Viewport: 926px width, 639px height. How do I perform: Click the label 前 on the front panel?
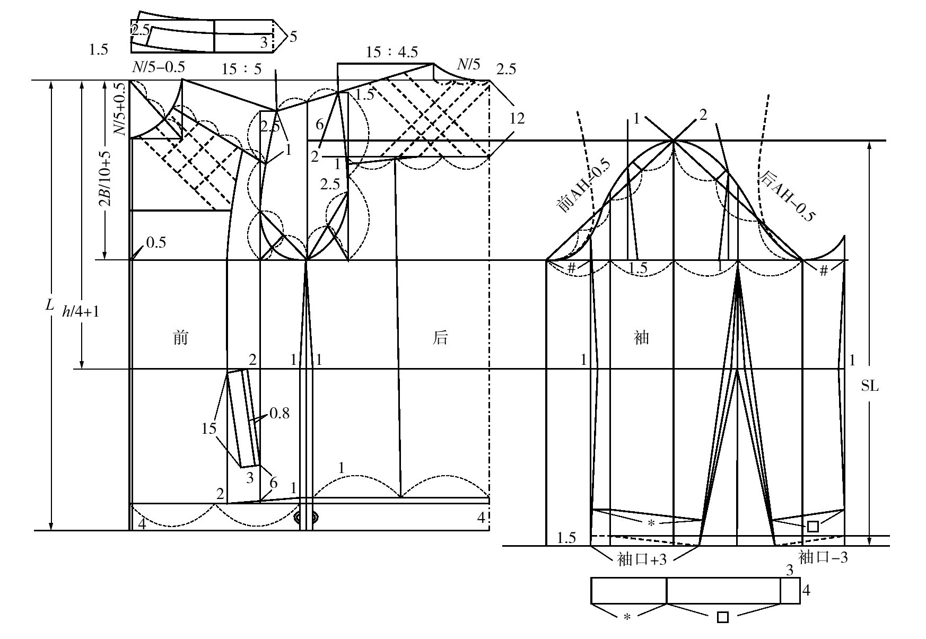pyautogui.click(x=181, y=337)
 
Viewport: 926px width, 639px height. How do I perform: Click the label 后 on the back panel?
pyautogui.click(x=440, y=337)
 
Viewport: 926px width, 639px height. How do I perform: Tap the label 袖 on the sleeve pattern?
pyautogui.click(x=642, y=337)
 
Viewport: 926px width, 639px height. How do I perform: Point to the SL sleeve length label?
pyautogui.click(x=870, y=386)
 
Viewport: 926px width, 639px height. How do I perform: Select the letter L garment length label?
pyautogui.click(x=50, y=305)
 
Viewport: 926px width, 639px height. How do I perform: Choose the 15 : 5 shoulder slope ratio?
pyautogui.click(x=241, y=69)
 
